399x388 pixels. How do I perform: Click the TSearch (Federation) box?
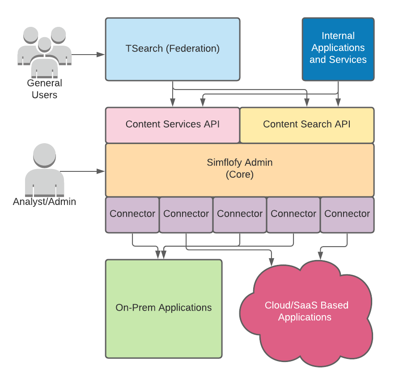tap(172, 49)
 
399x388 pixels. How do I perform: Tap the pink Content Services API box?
tap(172, 124)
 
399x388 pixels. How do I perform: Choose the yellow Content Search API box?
tap(306, 124)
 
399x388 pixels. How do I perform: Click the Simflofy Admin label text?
tap(239, 162)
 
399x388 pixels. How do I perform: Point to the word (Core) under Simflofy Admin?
tap(239, 175)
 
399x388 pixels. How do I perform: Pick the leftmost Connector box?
tap(132, 214)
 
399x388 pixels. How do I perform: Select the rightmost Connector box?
tap(347, 214)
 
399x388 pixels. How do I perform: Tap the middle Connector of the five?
tap(240, 214)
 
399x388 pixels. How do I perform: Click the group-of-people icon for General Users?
tap(44, 50)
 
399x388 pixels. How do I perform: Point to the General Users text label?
tap(44, 89)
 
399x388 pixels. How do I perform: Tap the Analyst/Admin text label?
tap(44, 202)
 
